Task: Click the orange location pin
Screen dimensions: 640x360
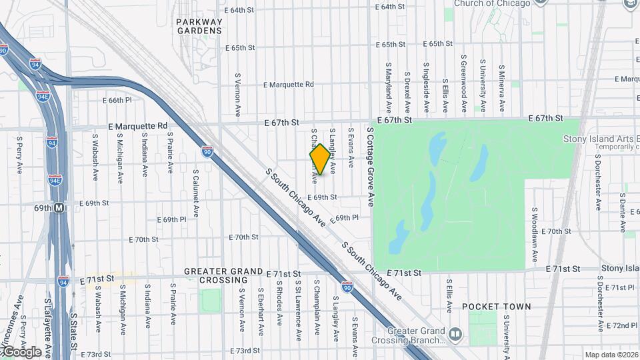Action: pyautogui.click(x=320, y=159)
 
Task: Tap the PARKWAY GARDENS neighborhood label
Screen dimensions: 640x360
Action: pyautogui.click(x=199, y=26)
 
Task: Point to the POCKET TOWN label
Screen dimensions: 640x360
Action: pyautogui.click(x=497, y=307)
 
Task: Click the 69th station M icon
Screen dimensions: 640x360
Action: pyautogui.click(x=59, y=208)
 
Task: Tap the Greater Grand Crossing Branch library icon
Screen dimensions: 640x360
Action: pyautogui.click(x=455, y=333)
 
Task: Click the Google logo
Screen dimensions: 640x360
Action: pyautogui.click(x=21, y=351)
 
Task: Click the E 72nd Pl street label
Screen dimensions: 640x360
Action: pyautogui.click(x=621, y=325)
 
